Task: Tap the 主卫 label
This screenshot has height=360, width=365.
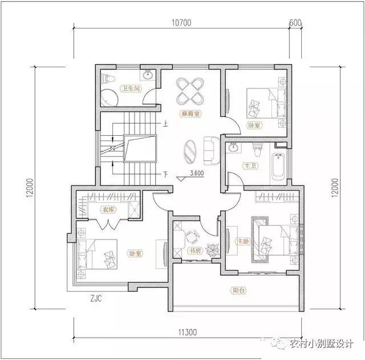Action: click(x=250, y=167)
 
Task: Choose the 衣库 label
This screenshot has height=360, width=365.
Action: click(x=108, y=209)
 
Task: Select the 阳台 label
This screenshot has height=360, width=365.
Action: click(x=238, y=290)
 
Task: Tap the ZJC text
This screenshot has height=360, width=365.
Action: click(x=96, y=298)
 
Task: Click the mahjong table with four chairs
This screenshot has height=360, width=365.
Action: click(x=189, y=88)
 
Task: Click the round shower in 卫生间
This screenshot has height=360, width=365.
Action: click(x=108, y=98)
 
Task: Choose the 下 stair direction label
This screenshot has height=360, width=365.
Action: click(x=165, y=174)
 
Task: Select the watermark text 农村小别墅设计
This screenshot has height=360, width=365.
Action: click(x=321, y=343)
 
